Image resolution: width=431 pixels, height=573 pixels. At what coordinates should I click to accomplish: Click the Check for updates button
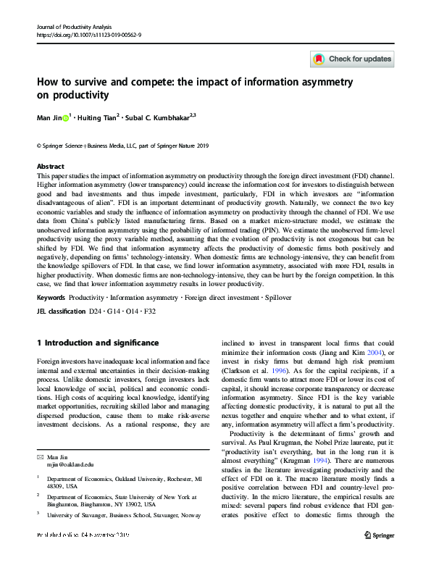point(352,59)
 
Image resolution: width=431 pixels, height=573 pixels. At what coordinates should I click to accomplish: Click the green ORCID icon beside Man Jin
point(66,118)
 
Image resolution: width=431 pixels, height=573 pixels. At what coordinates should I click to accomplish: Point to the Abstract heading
point(50,166)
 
